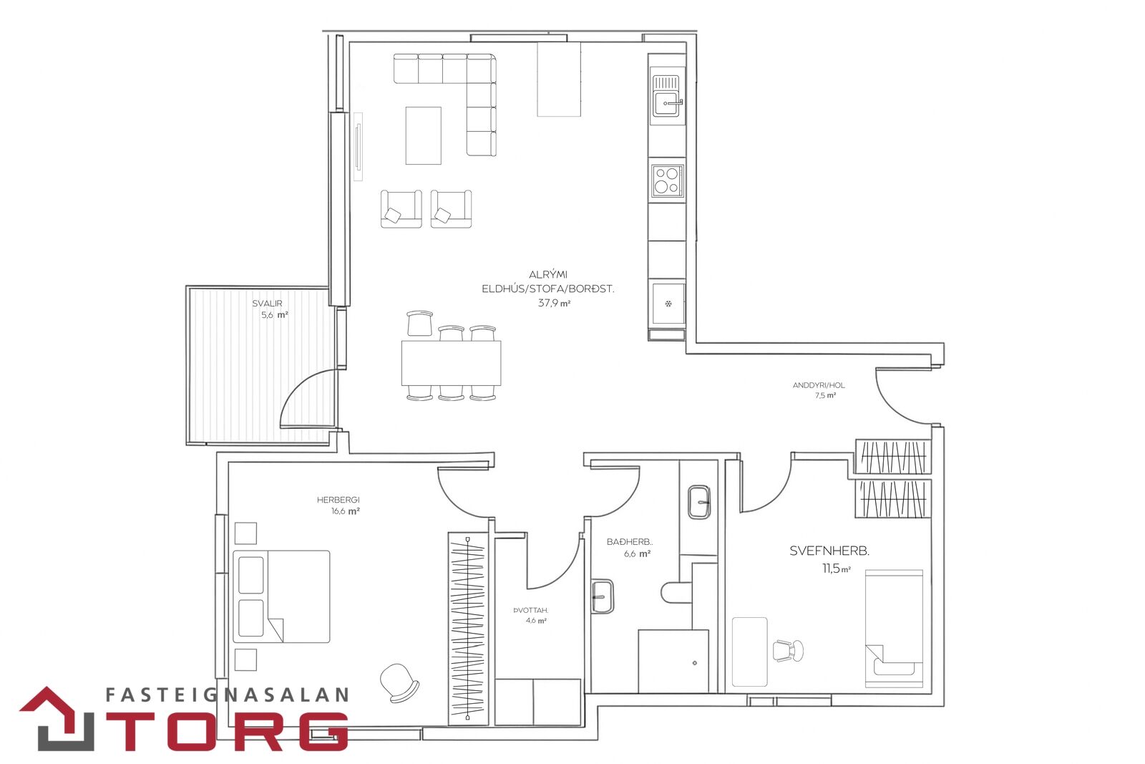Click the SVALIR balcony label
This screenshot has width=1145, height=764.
pos(267,304)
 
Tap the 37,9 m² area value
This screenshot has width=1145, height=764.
pos(554,303)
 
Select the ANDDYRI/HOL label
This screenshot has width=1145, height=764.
pos(819,385)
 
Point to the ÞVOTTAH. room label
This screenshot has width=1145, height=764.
pos(530,610)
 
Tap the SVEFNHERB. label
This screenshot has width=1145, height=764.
pos(829,551)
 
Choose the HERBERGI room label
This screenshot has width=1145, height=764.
pos(338,500)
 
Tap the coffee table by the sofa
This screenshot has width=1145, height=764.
pos(423,135)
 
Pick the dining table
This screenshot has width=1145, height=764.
pos(451,363)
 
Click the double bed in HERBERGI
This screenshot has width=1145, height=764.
pos(281,596)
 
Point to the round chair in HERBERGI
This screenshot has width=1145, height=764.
pos(399,682)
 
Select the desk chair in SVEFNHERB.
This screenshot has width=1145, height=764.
pos(788,650)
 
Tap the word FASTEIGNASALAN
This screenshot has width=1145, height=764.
pos(227,695)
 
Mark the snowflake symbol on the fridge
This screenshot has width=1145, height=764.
pos(668,304)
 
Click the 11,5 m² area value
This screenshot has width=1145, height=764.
pos(837,569)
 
